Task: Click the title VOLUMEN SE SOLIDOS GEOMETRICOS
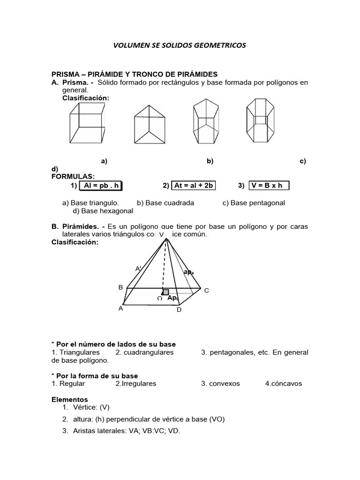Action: pyautogui.click(x=180, y=45)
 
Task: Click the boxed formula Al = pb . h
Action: pyautogui.click(x=100, y=186)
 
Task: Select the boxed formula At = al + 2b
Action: pyautogui.click(x=194, y=186)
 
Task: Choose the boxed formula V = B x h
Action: pyautogui.click(x=269, y=186)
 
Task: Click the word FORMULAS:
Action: pyautogui.click(x=73, y=176)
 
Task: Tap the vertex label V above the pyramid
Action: pyautogui.click(x=161, y=234)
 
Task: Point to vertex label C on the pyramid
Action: pyautogui.click(x=206, y=291)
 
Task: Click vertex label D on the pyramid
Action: pyautogui.click(x=179, y=310)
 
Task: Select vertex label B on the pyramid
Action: pyautogui.click(x=120, y=287)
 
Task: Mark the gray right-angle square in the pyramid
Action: pyautogui.click(x=165, y=292)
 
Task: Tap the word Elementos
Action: pyautogui.click(x=69, y=399)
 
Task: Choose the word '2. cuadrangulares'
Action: pyautogui.click(x=144, y=352)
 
